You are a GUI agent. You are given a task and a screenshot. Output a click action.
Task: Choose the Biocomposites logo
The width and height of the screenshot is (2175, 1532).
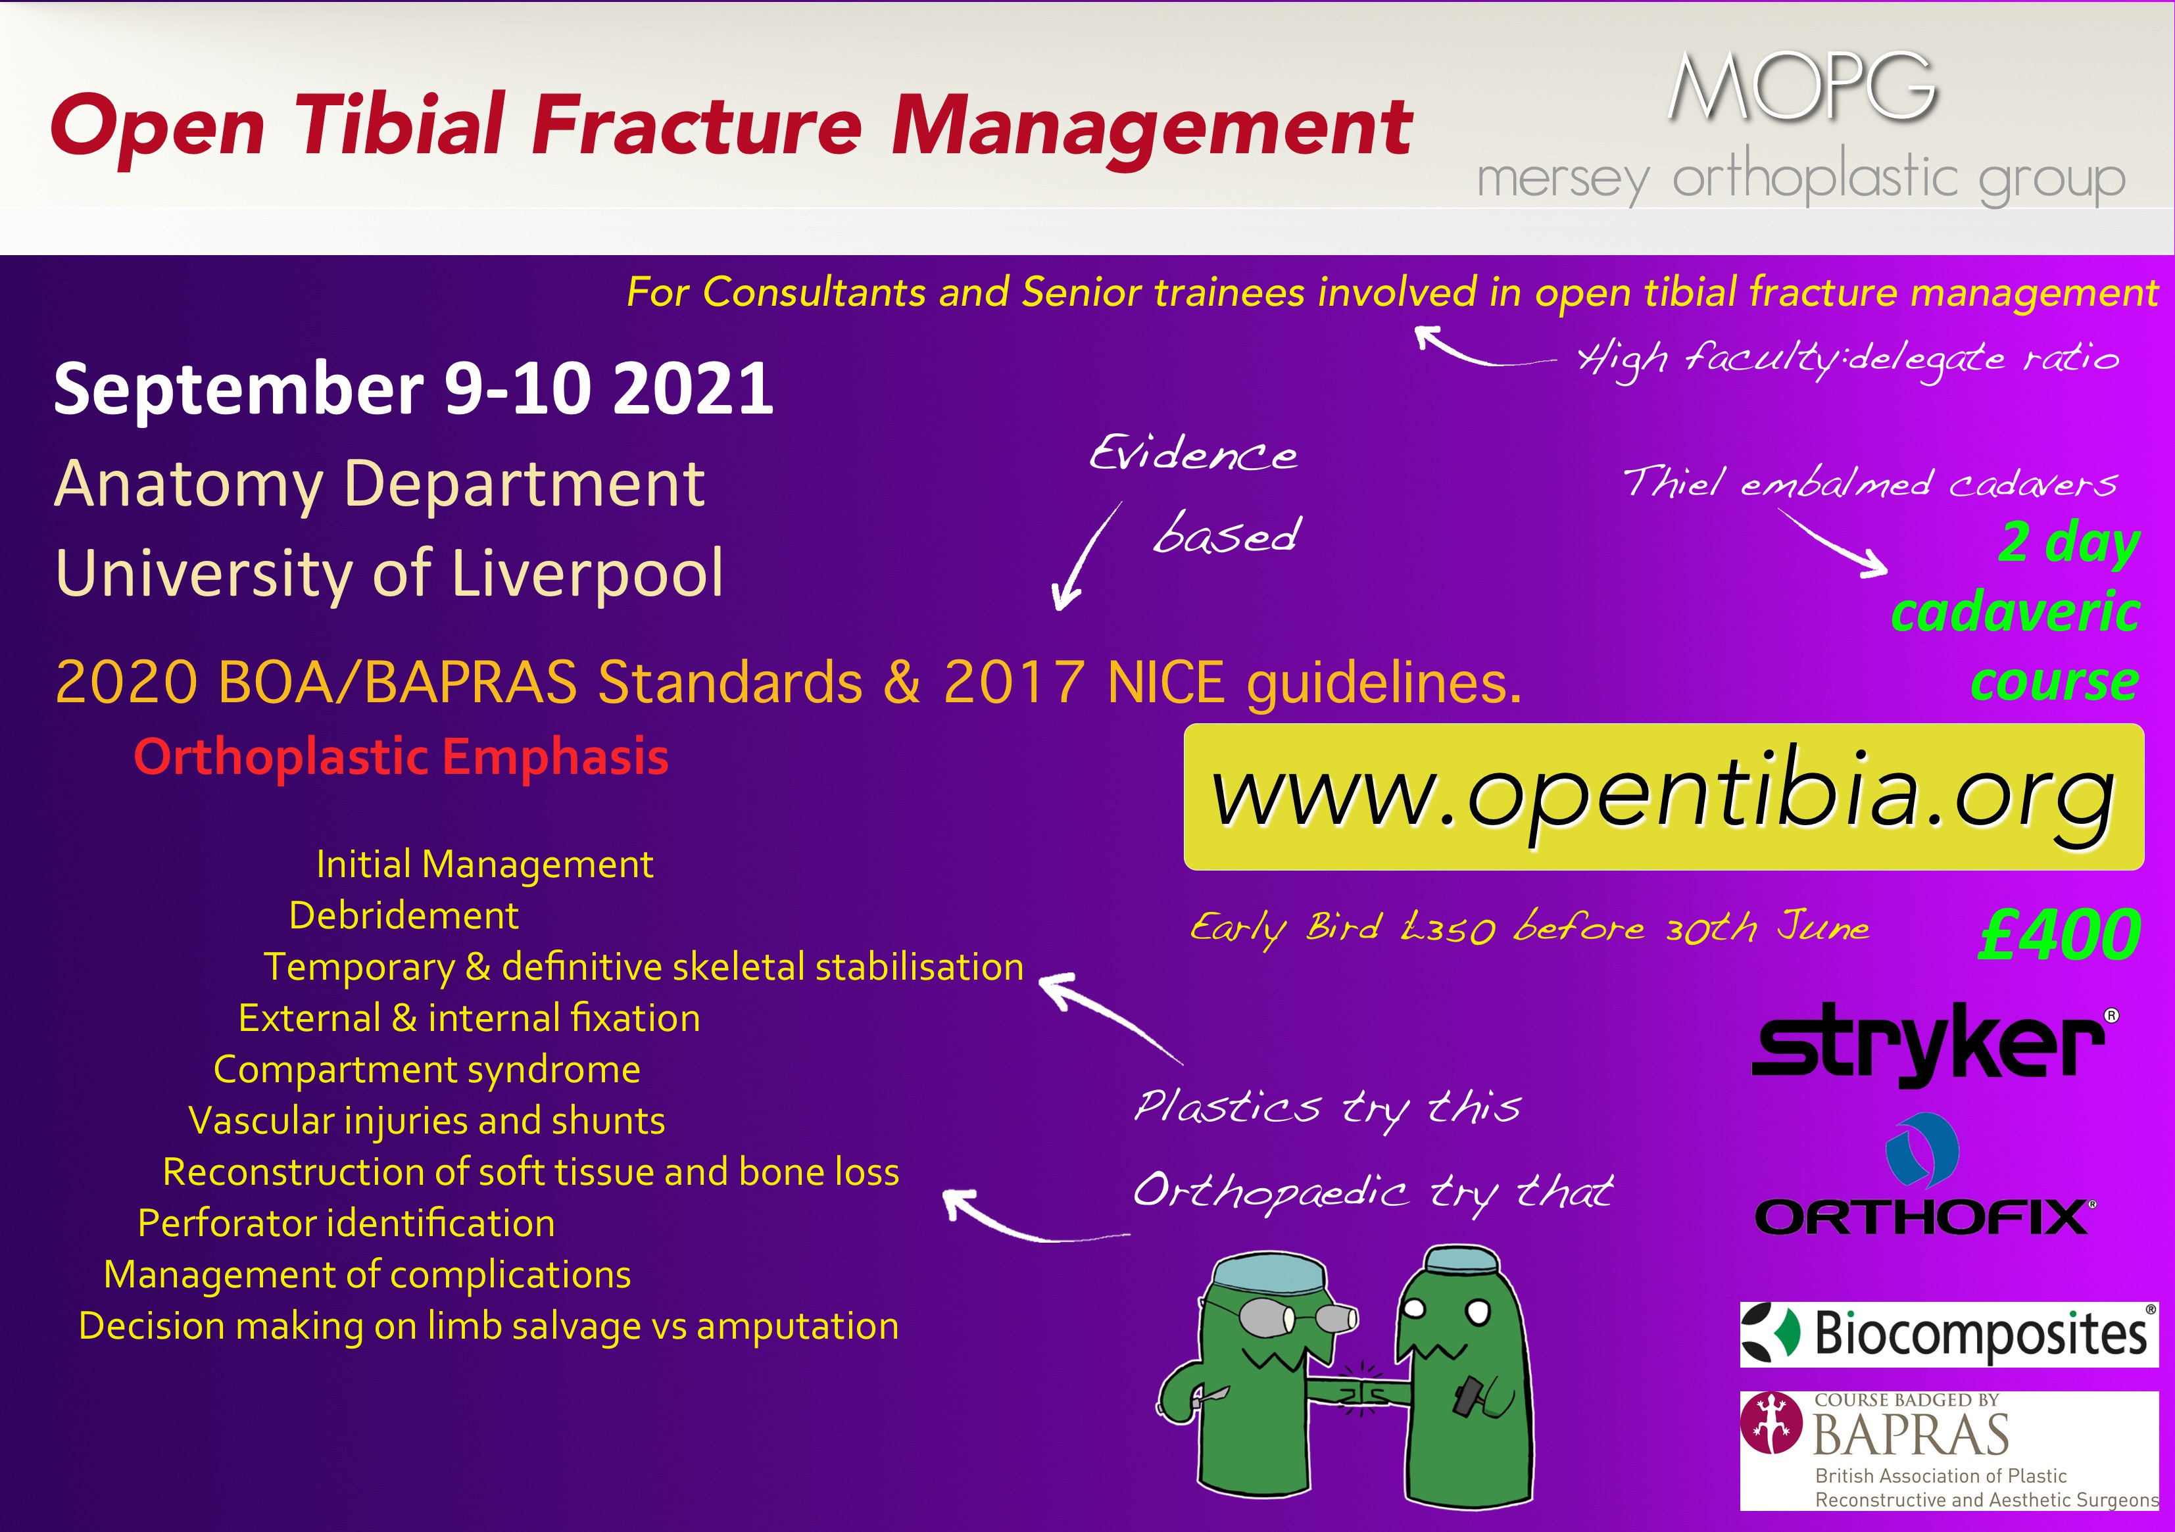(1947, 1333)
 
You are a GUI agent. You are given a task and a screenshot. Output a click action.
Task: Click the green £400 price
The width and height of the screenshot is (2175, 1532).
(2059, 934)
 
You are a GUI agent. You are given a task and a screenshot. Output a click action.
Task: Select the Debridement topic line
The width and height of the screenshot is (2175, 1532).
(404, 916)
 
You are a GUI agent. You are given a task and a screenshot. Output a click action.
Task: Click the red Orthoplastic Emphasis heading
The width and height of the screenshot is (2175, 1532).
(401, 757)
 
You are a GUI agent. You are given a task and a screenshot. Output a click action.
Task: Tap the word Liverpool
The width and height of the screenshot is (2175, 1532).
(587, 574)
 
